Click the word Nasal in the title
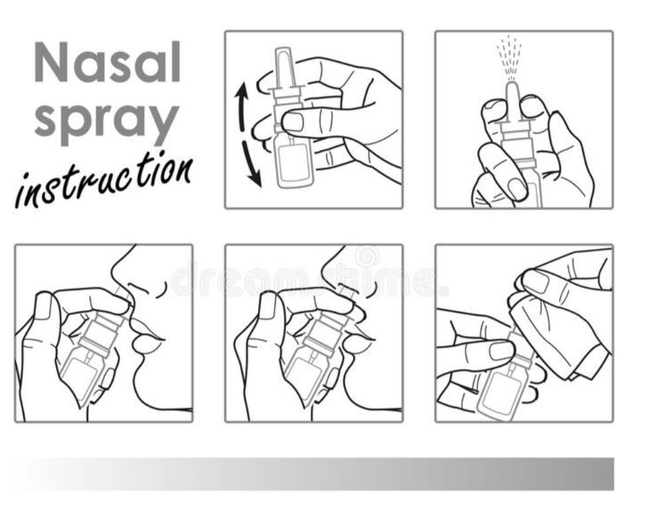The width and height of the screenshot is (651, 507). click(107, 62)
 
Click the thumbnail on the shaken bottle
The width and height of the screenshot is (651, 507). click(293, 121)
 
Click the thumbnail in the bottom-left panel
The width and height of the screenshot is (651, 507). click(44, 306)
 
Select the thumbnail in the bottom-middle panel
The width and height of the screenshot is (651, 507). click(267, 305)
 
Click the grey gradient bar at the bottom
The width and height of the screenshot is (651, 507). click(314, 474)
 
